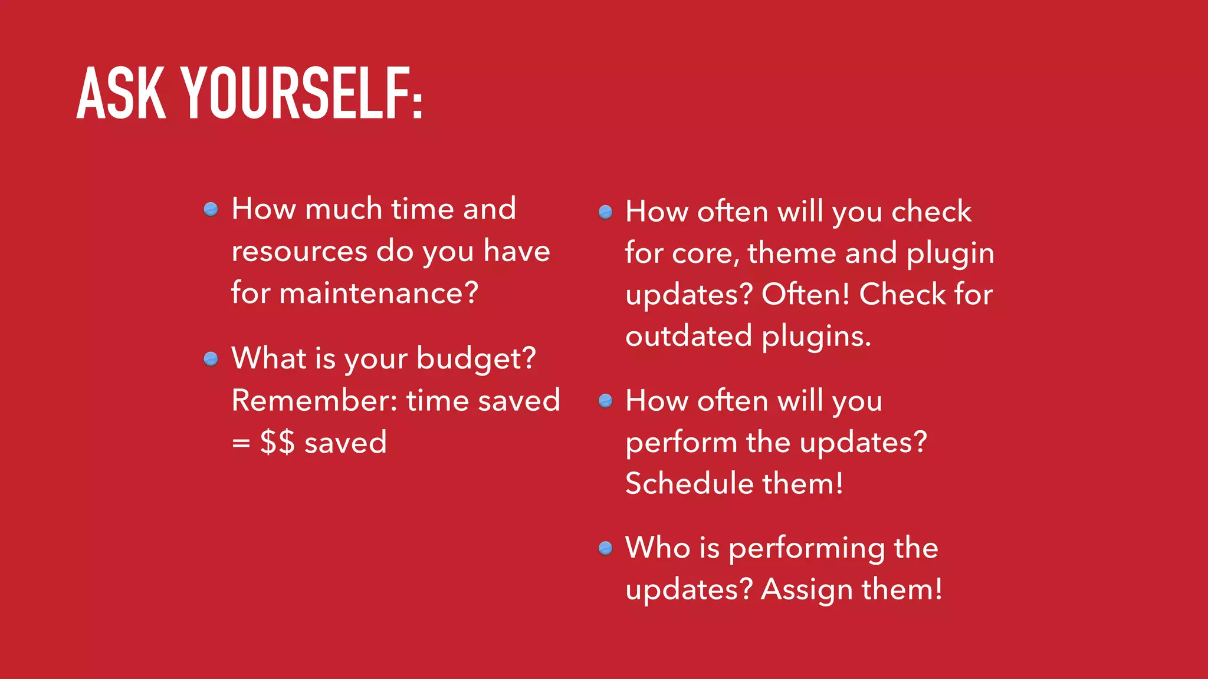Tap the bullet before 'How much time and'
coord(211,209)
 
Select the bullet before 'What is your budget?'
coord(211,358)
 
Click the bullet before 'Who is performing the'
coord(605,548)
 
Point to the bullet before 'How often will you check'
coord(605,212)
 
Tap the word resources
coord(299,252)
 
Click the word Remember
coord(314,401)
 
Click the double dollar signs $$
coord(277,442)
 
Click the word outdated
coord(688,337)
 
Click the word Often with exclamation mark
coord(806,294)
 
